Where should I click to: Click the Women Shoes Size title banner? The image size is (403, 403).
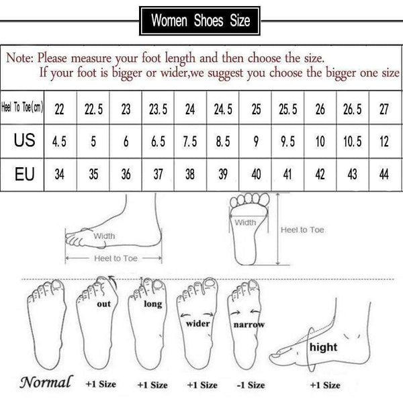(x=200, y=21)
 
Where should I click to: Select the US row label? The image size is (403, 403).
(x=24, y=140)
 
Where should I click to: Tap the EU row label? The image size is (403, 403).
(x=24, y=175)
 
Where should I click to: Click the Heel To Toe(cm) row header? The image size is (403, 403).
(x=24, y=109)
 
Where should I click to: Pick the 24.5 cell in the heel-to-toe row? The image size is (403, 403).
(x=223, y=109)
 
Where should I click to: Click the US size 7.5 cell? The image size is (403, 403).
(x=190, y=141)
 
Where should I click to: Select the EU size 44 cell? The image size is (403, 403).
(x=384, y=175)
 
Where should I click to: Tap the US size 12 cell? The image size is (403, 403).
(x=384, y=141)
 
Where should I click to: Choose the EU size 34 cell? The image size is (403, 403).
(x=60, y=175)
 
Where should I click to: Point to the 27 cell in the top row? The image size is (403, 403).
(x=384, y=109)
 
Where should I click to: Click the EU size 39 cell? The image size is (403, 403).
(x=223, y=175)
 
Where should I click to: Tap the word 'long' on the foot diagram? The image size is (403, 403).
(x=153, y=304)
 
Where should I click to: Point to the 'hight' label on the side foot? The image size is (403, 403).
(x=323, y=347)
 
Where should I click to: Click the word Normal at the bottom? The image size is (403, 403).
(x=46, y=384)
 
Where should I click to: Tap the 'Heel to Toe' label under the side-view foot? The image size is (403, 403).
(x=115, y=258)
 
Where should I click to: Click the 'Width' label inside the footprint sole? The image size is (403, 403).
(x=244, y=222)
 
